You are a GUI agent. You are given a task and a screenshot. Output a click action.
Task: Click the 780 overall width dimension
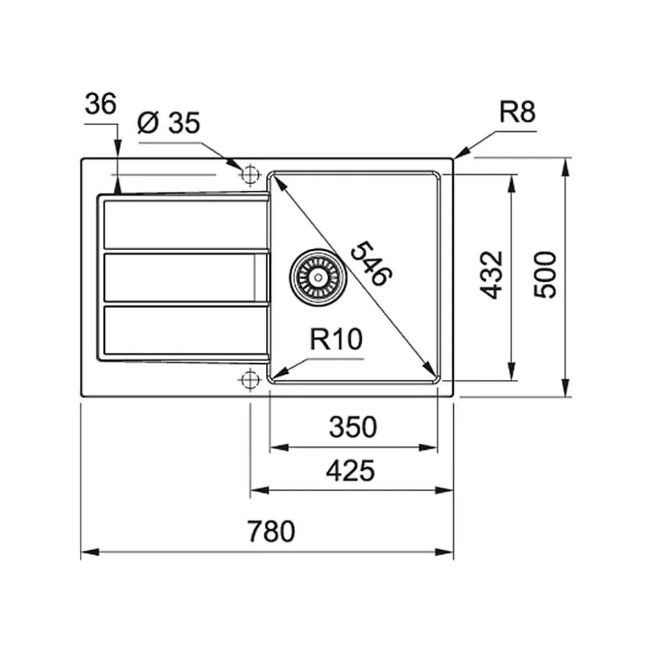pos(271,531)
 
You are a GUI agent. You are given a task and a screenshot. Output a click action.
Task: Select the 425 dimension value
pos(350,471)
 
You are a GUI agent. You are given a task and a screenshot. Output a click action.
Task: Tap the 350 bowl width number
pos(353,427)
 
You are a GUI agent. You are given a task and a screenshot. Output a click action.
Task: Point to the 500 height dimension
pos(545,274)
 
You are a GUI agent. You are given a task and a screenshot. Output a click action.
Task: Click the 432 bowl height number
pos(492,275)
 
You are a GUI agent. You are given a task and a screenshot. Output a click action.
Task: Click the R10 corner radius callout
pos(336,338)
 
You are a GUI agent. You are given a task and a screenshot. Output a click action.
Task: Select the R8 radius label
pos(517,112)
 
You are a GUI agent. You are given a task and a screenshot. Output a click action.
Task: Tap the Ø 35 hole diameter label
pos(169,122)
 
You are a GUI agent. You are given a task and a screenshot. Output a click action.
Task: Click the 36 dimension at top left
pos(100,104)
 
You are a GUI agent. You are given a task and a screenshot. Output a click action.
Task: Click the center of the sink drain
pos(319,276)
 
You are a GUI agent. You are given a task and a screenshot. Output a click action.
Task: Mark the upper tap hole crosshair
pos(250,174)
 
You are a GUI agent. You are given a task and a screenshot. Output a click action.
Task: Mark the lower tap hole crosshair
pos(250,379)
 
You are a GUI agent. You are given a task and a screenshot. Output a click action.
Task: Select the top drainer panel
pos(186,225)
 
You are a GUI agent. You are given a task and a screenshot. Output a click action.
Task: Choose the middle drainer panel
pos(186,277)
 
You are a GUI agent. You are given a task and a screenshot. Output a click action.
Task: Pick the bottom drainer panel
pos(186,330)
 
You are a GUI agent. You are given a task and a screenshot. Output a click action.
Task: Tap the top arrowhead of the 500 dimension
pos(565,167)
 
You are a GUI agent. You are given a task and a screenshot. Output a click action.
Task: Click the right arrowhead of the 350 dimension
pos(428,448)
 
